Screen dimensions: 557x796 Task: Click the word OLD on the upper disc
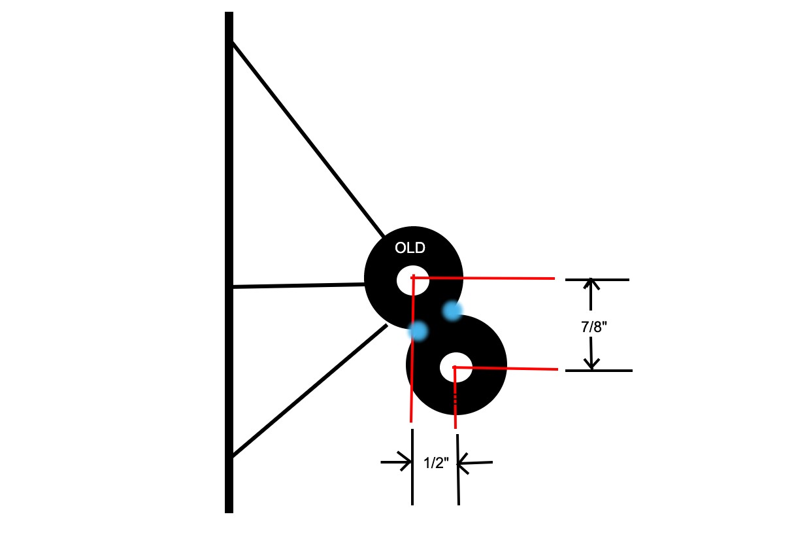click(410, 248)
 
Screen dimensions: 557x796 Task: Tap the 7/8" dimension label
click(594, 327)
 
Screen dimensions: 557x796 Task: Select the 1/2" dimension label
click(436, 464)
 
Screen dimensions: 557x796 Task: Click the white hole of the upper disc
click(412, 280)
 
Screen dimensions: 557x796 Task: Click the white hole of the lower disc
click(456, 367)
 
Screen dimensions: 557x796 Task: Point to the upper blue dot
click(452, 311)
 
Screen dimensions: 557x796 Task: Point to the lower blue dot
click(418, 331)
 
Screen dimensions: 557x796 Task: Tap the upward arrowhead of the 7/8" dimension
click(591, 285)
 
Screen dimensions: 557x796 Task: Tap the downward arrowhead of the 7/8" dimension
click(591, 363)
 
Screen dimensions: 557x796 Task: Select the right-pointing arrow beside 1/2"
click(397, 463)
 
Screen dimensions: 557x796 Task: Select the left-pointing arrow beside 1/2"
click(473, 464)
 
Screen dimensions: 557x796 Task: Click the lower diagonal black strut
click(307, 392)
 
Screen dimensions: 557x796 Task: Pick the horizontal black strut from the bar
click(297, 286)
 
